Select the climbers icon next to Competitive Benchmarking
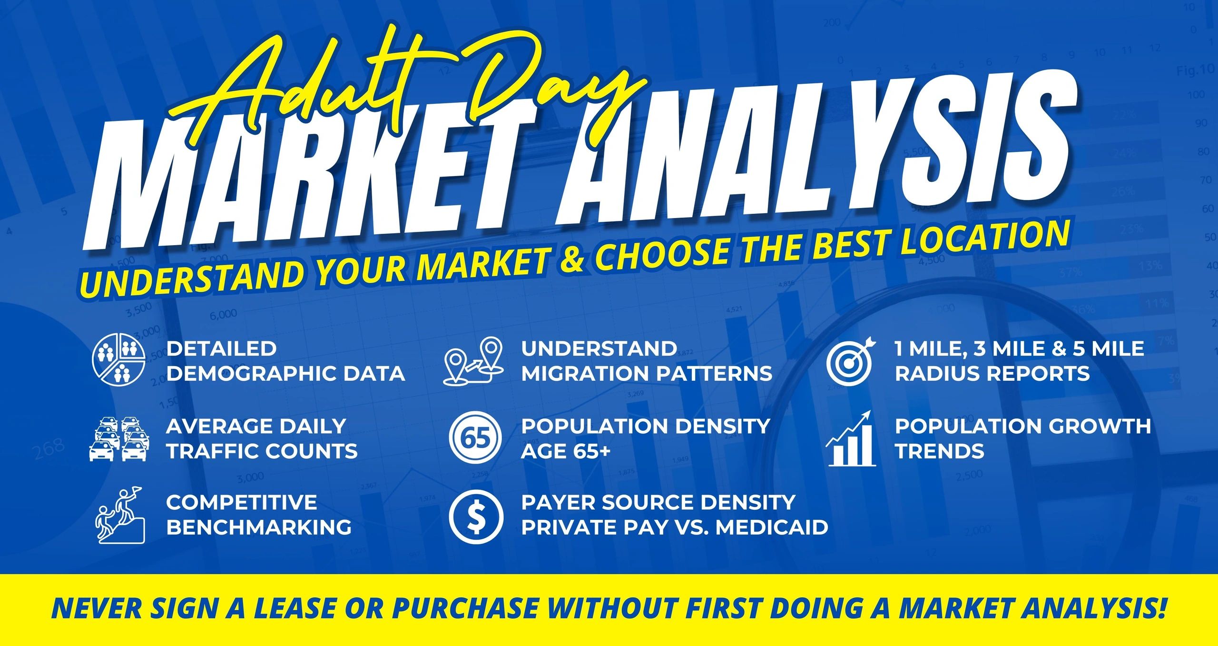[120, 515]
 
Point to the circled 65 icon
[476, 438]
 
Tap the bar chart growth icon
[851, 438]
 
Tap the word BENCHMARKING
[259, 527]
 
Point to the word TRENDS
[940, 451]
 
